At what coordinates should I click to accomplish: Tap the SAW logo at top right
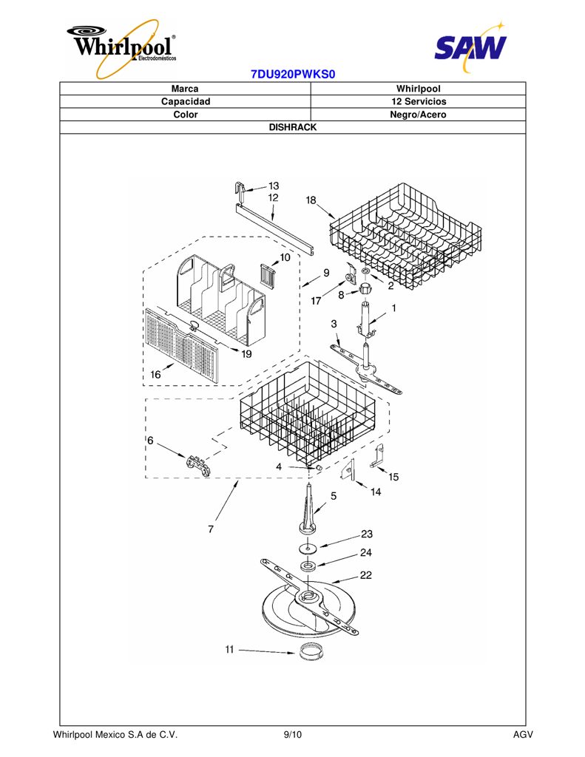[470, 47]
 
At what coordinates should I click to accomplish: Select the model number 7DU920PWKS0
[293, 75]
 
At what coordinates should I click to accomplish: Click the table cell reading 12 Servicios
[419, 101]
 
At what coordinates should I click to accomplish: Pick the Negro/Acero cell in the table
[419, 115]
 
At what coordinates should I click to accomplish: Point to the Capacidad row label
[186, 101]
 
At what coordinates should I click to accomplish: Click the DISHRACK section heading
[293, 127]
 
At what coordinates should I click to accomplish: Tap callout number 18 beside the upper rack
[311, 200]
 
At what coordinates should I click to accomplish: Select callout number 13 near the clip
[274, 186]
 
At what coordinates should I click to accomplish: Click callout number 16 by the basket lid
[155, 374]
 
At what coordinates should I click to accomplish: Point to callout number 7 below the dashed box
[211, 529]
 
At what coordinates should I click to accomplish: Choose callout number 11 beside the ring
[229, 649]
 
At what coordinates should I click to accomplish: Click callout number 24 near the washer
[365, 552]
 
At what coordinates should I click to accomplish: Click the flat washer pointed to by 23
[308, 548]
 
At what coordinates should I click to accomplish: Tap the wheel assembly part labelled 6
[200, 464]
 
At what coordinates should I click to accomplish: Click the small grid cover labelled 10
[269, 277]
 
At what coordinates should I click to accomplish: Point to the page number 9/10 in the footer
[293, 735]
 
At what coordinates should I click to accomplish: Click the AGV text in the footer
[523, 735]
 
